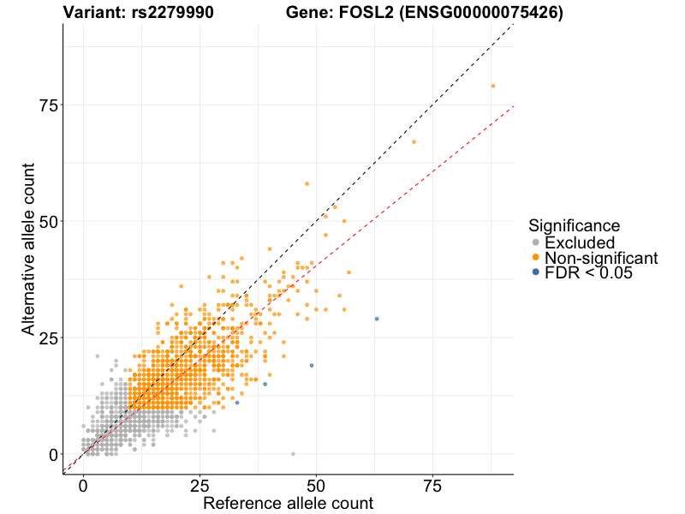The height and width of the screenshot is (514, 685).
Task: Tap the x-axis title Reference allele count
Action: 288,503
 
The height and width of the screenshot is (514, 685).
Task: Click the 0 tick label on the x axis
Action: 83,485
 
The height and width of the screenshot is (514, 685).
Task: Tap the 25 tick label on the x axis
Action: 200,485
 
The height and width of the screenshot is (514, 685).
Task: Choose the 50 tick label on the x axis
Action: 316,485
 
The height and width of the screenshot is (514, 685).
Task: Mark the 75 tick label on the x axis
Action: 432,485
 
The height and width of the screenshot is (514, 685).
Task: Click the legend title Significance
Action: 574,226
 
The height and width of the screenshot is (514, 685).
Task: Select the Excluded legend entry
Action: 579,242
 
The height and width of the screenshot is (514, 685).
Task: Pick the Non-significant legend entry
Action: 600,258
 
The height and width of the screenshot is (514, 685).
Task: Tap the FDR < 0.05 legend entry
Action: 587,272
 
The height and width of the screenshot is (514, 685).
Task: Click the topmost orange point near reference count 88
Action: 493,86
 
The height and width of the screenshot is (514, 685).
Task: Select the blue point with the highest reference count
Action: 377,319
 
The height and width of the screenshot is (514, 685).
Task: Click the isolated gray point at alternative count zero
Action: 293,454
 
